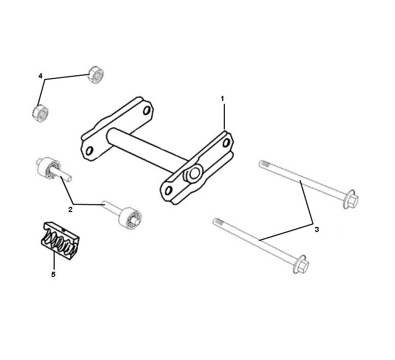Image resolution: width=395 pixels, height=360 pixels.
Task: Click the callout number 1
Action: tap(223, 97)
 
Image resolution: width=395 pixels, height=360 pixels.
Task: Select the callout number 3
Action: tap(317, 229)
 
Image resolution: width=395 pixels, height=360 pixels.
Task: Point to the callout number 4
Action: tap(40, 76)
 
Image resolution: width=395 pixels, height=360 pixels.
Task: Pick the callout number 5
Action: tap(53, 274)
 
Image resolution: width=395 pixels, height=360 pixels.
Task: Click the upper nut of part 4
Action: tap(96, 74)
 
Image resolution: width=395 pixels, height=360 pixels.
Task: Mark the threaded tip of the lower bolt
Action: tap(218, 222)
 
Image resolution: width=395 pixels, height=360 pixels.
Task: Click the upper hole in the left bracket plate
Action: tap(147, 110)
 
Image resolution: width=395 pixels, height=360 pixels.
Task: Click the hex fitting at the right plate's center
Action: tap(193, 174)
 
